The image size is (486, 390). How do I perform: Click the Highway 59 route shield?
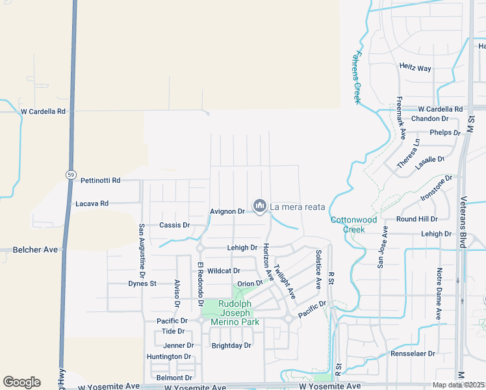point(71,175)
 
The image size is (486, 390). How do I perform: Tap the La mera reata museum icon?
point(260,206)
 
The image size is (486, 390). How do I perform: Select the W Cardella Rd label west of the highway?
point(44,111)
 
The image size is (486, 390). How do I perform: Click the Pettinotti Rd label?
point(101,180)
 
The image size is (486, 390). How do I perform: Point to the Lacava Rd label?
point(92,203)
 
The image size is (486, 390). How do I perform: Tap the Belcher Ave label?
point(36,250)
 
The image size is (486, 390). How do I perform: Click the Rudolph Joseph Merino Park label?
point(238,313)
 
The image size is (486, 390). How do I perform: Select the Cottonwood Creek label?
point(353,224)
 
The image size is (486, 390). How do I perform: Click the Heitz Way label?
point(416,68)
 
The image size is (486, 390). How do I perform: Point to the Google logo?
point(21,382)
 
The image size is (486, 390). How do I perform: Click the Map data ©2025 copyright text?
point(459,385)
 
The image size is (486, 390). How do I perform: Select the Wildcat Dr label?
point(224,270)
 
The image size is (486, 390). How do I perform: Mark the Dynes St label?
point(142,283)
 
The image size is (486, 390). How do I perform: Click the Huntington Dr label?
point(169,357)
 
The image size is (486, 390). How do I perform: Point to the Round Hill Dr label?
point(417,219)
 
